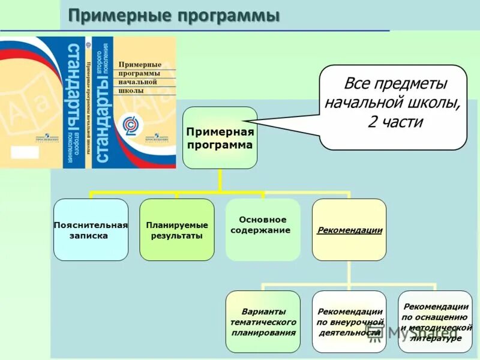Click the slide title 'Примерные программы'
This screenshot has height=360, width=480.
(x=173, y=16)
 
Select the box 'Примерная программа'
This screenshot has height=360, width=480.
(x=220, y=137)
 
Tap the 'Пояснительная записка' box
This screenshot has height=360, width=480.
(x=91, y=230)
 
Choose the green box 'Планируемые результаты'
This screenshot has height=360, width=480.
(x=176, y=230)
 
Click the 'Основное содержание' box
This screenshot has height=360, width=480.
(x=263, y=225)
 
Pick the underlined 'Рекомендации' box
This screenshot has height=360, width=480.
(x=349, y=230)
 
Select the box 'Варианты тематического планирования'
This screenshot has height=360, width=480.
(x=263, y=322)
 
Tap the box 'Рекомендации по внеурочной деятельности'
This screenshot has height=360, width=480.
(x=349, y=322)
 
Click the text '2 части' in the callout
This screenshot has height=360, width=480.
(x=395, y=122)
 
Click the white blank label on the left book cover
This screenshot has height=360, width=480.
(x=25, y=152)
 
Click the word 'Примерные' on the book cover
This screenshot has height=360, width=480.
(x=140, y=64)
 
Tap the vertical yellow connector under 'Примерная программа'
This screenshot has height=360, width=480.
(x=220, y=180)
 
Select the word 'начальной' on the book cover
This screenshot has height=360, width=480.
(x=138, y=82)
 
